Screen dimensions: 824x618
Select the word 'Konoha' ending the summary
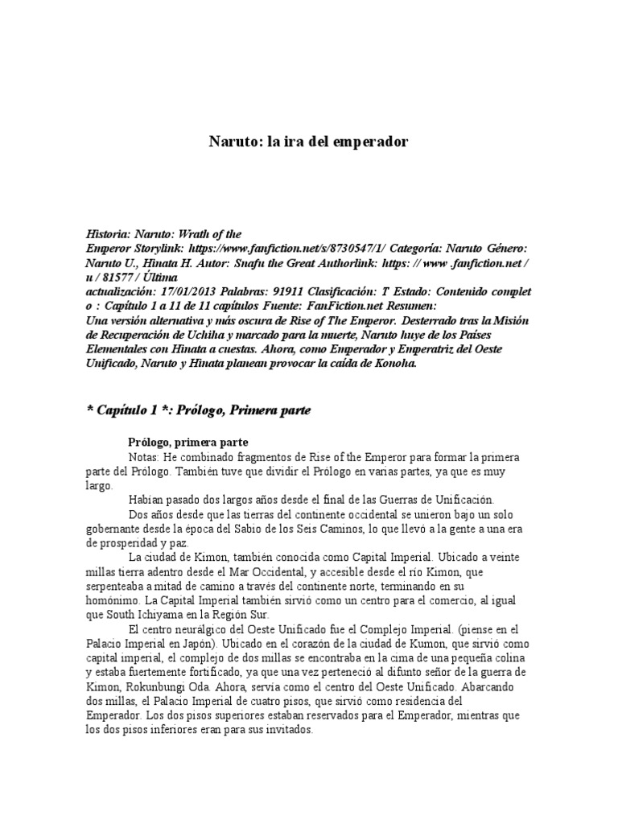pos(393,363)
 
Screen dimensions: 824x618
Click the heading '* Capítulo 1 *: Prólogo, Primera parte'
pos(198,410)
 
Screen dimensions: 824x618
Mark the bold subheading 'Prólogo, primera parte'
pos(188,442)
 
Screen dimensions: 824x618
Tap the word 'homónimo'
pos(113,599)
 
